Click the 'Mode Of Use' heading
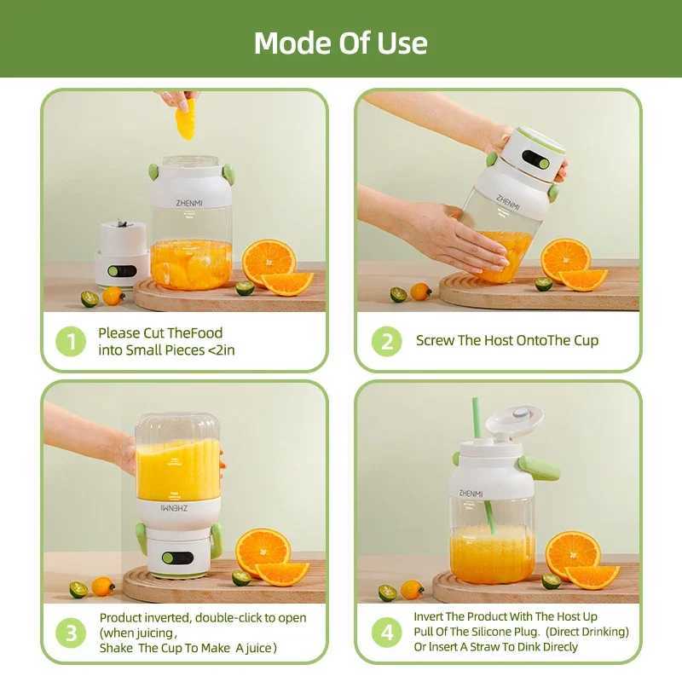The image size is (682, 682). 341,42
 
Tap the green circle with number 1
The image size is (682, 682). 71,341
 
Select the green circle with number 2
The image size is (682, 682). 386,341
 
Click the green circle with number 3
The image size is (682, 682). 71,633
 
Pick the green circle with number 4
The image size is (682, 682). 386,633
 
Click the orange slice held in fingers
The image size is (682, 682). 185,119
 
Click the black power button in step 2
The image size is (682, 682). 535,159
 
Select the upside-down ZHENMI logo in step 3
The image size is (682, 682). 176,508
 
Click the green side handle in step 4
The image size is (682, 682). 539,467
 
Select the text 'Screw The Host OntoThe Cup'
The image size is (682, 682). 507,341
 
